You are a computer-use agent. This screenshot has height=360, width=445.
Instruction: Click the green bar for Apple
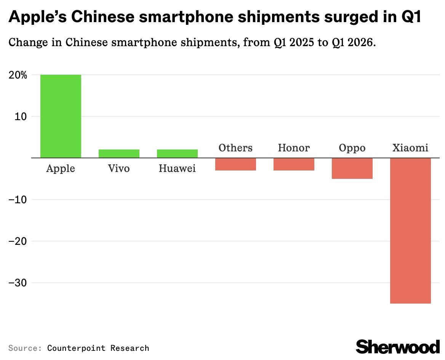(61, 116)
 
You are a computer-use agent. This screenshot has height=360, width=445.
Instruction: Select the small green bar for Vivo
(119, 153)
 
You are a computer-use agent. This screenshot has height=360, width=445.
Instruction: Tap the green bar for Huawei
(177, 153)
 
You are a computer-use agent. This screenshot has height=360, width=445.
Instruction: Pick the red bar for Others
(235, 164)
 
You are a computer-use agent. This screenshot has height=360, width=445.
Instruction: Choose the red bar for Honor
(294, 164)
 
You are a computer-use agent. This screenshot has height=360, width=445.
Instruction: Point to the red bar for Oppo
(352, 168)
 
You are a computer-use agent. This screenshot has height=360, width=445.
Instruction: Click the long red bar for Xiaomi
(410, 230)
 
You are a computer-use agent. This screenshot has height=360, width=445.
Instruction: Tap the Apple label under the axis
(61, 168)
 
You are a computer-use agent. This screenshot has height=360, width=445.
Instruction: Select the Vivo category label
(119, 168)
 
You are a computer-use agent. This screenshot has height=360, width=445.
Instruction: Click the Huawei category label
(177, 168)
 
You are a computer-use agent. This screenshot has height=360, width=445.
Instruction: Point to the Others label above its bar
(235, 148)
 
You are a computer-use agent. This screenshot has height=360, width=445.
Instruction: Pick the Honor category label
(294, 148)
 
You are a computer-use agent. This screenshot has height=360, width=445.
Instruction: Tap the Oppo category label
(352, 148)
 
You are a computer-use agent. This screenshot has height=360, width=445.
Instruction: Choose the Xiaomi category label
(410, 148)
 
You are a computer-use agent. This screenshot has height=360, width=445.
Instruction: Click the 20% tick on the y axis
(18, 75)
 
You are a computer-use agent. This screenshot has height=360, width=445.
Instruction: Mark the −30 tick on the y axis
(18, 283)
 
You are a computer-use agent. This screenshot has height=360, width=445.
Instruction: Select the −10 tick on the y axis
(18, 199)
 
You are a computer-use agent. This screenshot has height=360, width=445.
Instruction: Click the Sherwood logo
(398, 346)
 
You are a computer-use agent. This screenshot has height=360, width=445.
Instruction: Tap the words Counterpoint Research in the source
(98, 348)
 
